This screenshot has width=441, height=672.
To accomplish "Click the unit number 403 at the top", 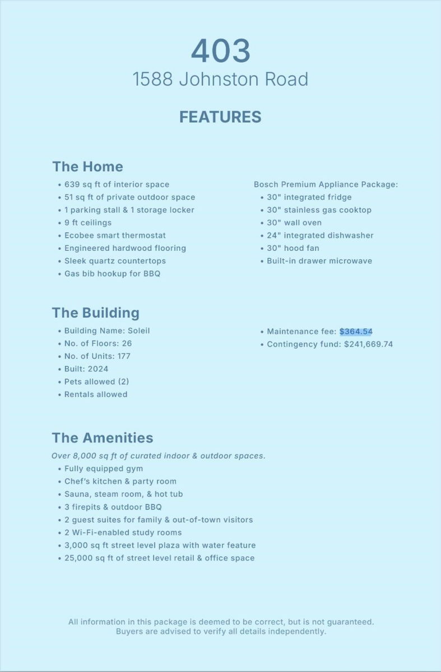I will click(220, 52).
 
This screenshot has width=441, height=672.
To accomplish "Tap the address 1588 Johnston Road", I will click(220, 80).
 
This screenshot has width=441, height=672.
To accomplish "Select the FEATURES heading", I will click(220, 117).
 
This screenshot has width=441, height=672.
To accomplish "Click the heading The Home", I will click(87, 167).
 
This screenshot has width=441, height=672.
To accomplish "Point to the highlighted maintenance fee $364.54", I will click(356, 332).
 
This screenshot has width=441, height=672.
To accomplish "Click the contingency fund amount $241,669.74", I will click(368, 344).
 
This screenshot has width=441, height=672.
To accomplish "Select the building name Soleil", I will click(137, 331).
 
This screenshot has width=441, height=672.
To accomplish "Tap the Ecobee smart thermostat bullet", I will click(115, 236).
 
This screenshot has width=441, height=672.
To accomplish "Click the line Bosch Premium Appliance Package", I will click(326, 184).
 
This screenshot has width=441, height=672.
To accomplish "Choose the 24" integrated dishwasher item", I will click(319, 236).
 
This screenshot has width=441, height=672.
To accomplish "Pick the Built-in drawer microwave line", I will click(319, 261).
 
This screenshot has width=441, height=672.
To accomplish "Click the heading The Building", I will click(96, 312).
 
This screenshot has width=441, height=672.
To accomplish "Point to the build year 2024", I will click(98, 369).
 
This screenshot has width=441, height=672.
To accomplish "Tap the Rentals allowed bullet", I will click(96, 395).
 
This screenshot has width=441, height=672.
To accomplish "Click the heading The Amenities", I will click(103, 438).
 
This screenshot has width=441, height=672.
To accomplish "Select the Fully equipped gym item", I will click(104, 469).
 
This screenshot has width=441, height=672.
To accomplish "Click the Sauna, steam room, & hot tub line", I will click(123, 494).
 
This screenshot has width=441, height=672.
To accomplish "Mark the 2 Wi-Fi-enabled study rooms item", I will click(123, 533).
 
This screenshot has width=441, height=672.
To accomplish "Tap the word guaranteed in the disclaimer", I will click(347, 622).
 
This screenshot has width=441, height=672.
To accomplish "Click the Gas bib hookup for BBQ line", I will click(112, 274).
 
